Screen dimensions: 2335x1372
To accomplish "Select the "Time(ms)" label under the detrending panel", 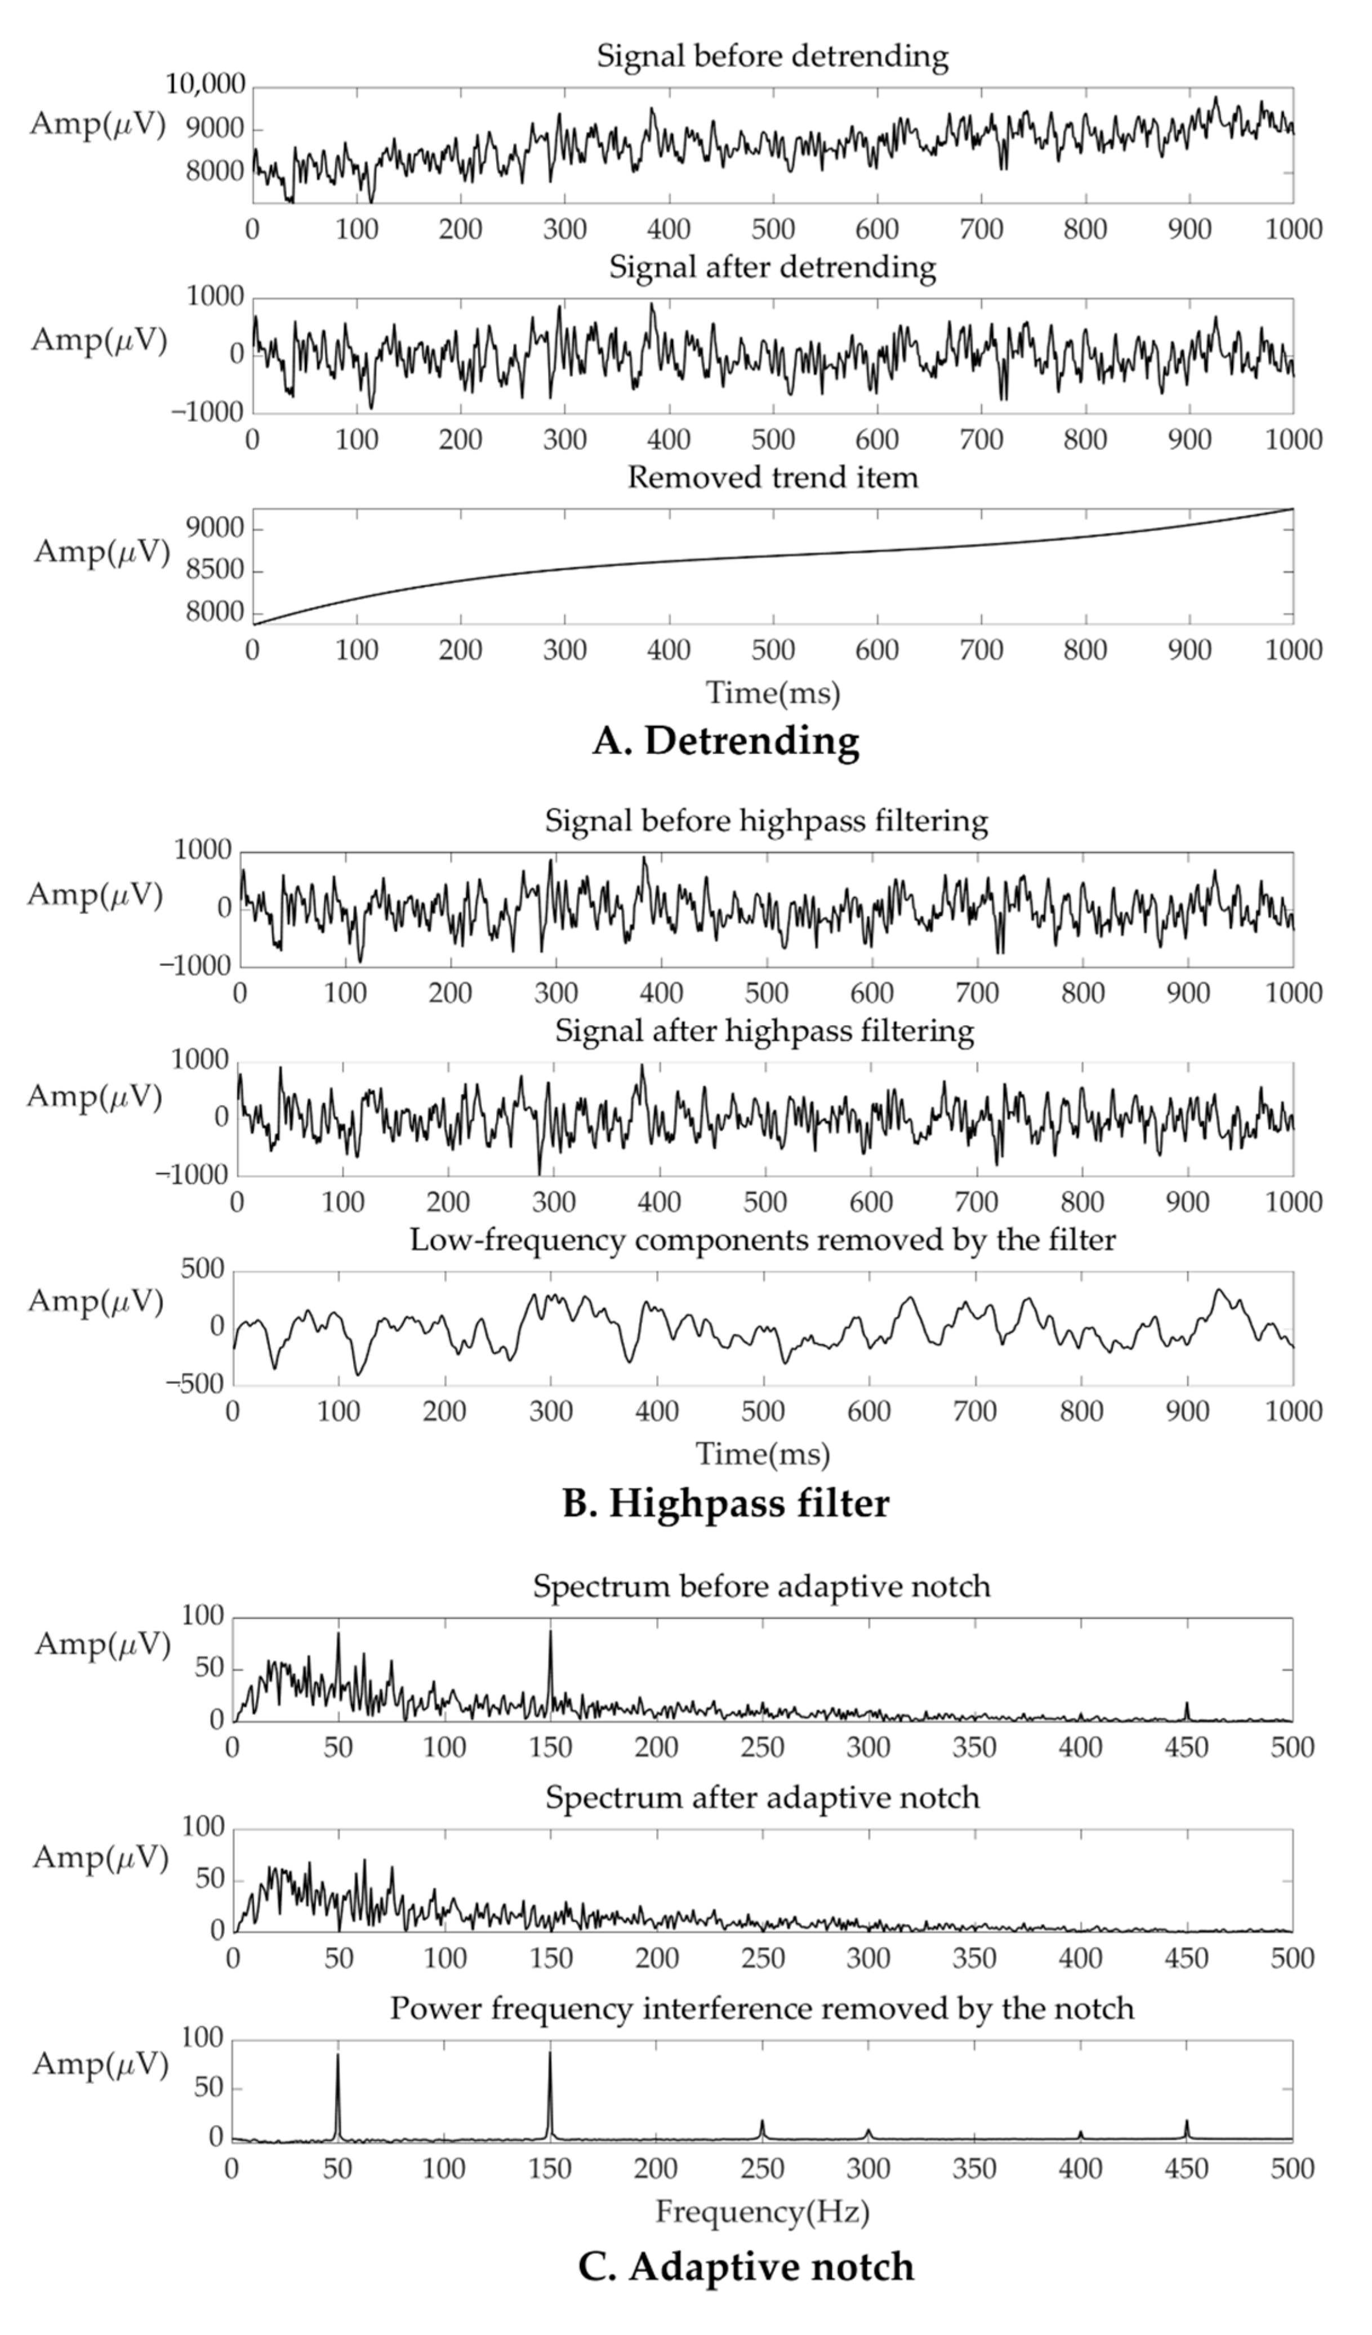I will pyautogui.click(x=773, y=693).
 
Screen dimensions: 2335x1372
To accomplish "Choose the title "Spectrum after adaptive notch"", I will pyautogui.click(x=761, y=1798).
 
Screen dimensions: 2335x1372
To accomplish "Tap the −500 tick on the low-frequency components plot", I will pyautogui.click(x=197, y=1385).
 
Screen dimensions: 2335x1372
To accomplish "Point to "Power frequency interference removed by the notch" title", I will pyautogui.click(x=761, y=2009).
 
